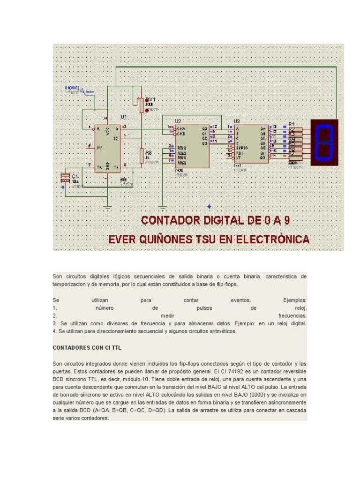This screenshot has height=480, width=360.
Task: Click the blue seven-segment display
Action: (324, 142)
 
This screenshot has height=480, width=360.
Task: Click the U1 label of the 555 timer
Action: (124, 116)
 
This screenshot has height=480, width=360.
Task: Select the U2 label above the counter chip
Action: (178, 121)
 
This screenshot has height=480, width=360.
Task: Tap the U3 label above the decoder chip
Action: (236, 121)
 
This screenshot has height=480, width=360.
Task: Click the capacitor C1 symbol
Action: (65, 177)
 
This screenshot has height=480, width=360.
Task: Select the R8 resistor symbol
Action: (141, 155)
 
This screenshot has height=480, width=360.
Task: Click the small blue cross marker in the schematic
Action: (209, 206)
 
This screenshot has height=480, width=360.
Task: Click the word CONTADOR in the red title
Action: (169, 220)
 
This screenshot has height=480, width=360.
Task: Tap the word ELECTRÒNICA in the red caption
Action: (272, 240)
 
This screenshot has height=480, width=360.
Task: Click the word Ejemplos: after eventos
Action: (294, 300)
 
